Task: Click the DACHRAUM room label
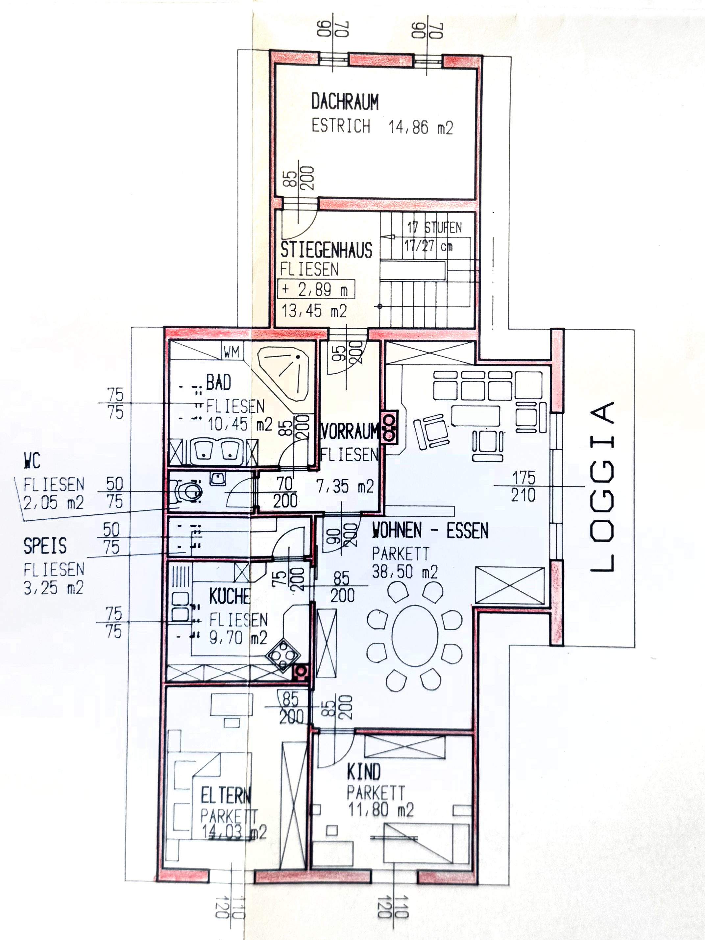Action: tap(345, 102)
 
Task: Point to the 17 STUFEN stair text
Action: tap(434, 227)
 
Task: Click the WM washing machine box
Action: tap(231, 352)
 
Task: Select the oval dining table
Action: tap(414, 636)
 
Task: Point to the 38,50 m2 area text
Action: tap(404, 572)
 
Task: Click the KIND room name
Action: tap(364, 772)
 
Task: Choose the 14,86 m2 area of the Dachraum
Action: tap(421, 127)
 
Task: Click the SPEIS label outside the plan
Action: tap(45, 546)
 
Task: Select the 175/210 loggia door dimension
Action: tap(523, 486)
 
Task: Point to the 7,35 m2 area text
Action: tap(345, 486)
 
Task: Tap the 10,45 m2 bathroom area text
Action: tap(240, 424)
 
